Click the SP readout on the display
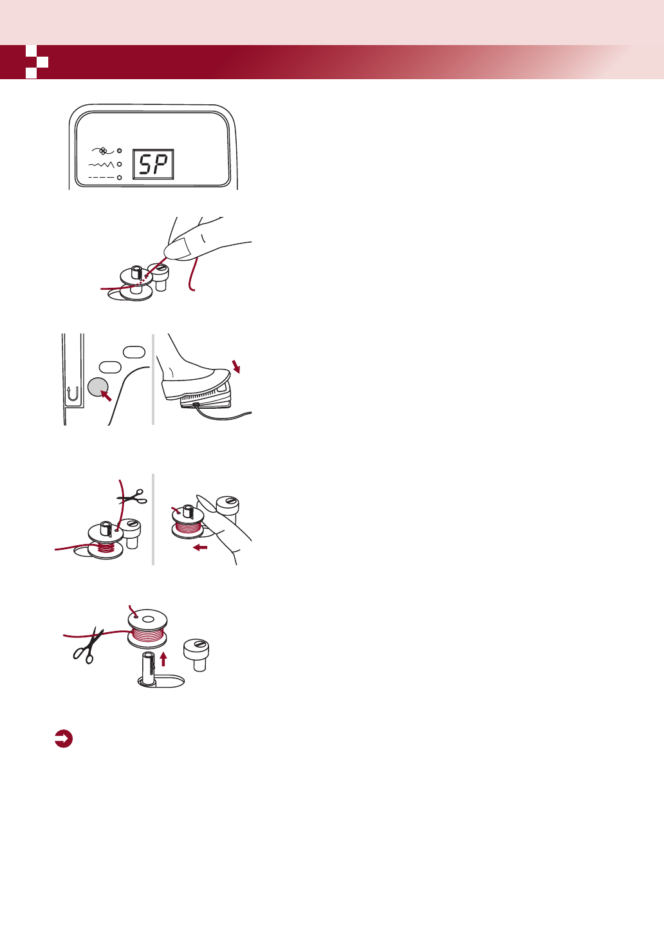153,165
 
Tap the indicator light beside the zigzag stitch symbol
120,164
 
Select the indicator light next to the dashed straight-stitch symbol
120,176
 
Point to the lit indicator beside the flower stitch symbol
120,151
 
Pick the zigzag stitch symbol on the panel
101,165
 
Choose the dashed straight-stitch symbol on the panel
101,176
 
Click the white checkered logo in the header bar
37,62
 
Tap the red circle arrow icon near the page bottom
63,739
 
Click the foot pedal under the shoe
205,399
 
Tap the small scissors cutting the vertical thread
133,496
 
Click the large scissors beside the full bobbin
88,646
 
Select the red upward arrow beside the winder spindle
163,658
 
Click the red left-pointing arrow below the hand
200,548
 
